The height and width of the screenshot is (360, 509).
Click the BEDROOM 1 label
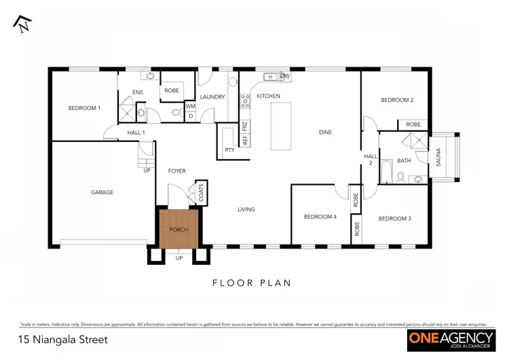click(84, 108)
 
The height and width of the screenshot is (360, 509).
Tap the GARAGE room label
click(102, 192)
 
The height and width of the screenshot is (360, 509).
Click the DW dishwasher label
click(284, 76)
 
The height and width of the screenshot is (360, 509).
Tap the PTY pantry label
click(229, 149)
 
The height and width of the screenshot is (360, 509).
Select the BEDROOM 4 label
click(320, 217)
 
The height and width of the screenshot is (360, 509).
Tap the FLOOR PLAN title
click(252, 283)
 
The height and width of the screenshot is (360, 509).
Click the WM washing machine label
click(190, 107)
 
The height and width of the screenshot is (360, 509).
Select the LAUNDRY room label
click(212, 97)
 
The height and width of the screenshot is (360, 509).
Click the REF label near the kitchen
click(244, 140)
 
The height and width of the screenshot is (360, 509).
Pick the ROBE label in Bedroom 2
click(413, 125)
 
